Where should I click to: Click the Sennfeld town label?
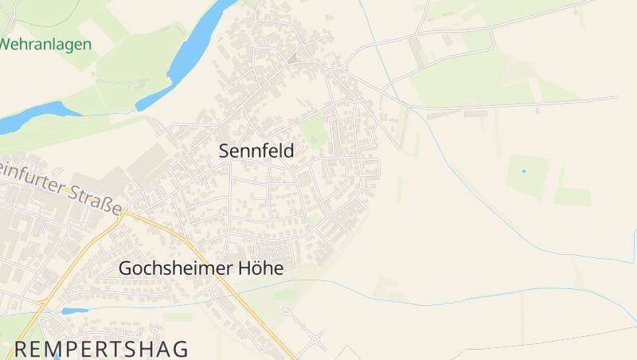pos(256,151)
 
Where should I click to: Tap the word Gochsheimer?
pos(176,269)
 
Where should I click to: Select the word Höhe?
pos(261,269)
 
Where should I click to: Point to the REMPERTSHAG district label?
pos(102,349)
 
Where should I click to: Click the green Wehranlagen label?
pos(45,45)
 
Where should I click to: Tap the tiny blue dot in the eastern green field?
pos(524,171)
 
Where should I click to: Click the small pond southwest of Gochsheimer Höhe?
pos(74,311)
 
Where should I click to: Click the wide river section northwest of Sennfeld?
pos(191,48)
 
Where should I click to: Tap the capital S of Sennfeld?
pos(225,151)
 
